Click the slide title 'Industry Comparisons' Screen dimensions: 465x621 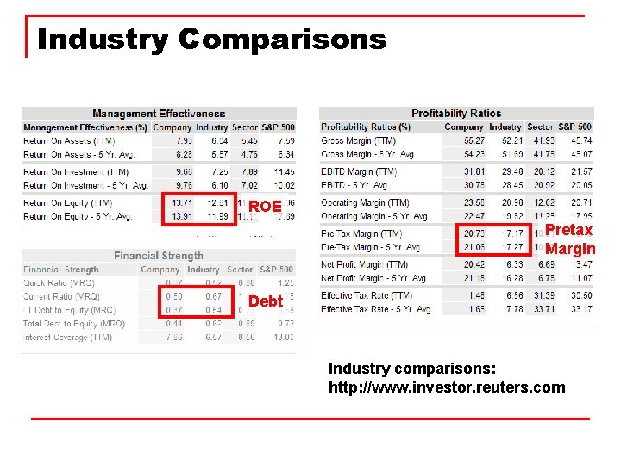212,39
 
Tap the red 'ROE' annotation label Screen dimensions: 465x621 265,207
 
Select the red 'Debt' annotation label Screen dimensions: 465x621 265,301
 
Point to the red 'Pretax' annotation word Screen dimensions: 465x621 568,230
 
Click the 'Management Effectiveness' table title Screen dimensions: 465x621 159,114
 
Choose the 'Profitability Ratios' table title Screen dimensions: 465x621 456,114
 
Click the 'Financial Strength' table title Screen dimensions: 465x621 159,256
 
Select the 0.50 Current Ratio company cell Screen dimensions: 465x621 173,296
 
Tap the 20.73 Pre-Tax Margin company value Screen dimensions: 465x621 474,233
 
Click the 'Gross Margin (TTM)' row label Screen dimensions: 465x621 360,140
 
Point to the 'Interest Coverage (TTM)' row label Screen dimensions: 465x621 68,338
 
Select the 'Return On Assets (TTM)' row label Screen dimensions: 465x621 69,140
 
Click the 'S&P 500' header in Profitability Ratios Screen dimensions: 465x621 574,127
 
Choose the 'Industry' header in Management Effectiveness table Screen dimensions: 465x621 211,127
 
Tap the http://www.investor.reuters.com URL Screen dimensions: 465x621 447,387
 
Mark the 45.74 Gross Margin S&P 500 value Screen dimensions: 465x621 580,140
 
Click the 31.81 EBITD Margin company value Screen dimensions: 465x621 474,171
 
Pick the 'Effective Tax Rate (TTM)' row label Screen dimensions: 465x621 367,295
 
